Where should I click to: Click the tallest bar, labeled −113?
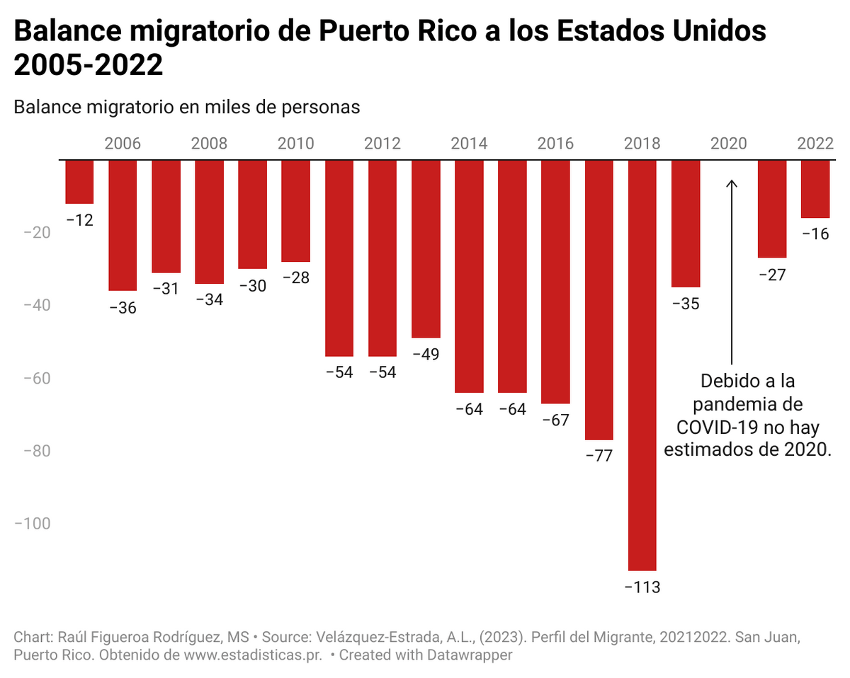click(642, 364)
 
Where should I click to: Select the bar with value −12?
click(79, 182)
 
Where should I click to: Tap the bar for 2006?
click(123, 225)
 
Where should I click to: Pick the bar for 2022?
click(815, 189)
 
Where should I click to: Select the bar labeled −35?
click(686, 223)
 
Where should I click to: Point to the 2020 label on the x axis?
click(729, 144)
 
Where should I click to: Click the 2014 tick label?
click(469, 144)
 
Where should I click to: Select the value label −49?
click(426, 354)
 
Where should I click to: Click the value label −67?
click(555, 420)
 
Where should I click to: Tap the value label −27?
click(772, 275)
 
